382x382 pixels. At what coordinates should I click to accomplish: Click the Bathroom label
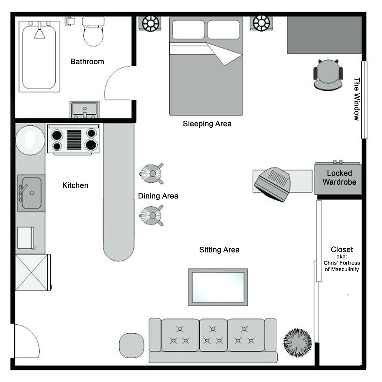coord(87,61)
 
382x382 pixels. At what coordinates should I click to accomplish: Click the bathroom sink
coord(85,109)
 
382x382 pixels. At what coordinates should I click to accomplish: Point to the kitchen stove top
coord(74,139)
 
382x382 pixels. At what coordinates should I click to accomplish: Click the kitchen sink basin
coord(31,193)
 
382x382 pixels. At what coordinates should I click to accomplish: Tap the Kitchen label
coord(75,185)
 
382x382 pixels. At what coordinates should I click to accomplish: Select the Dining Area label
coord(158,196)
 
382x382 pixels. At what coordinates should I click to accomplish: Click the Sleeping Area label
coord(207,124)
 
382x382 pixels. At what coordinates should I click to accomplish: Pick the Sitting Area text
coord(219,250)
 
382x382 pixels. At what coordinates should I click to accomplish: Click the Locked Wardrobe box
coord(339,178)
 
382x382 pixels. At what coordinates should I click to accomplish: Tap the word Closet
coord(342,250)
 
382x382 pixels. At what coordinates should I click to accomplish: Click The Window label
coord(357,99)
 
